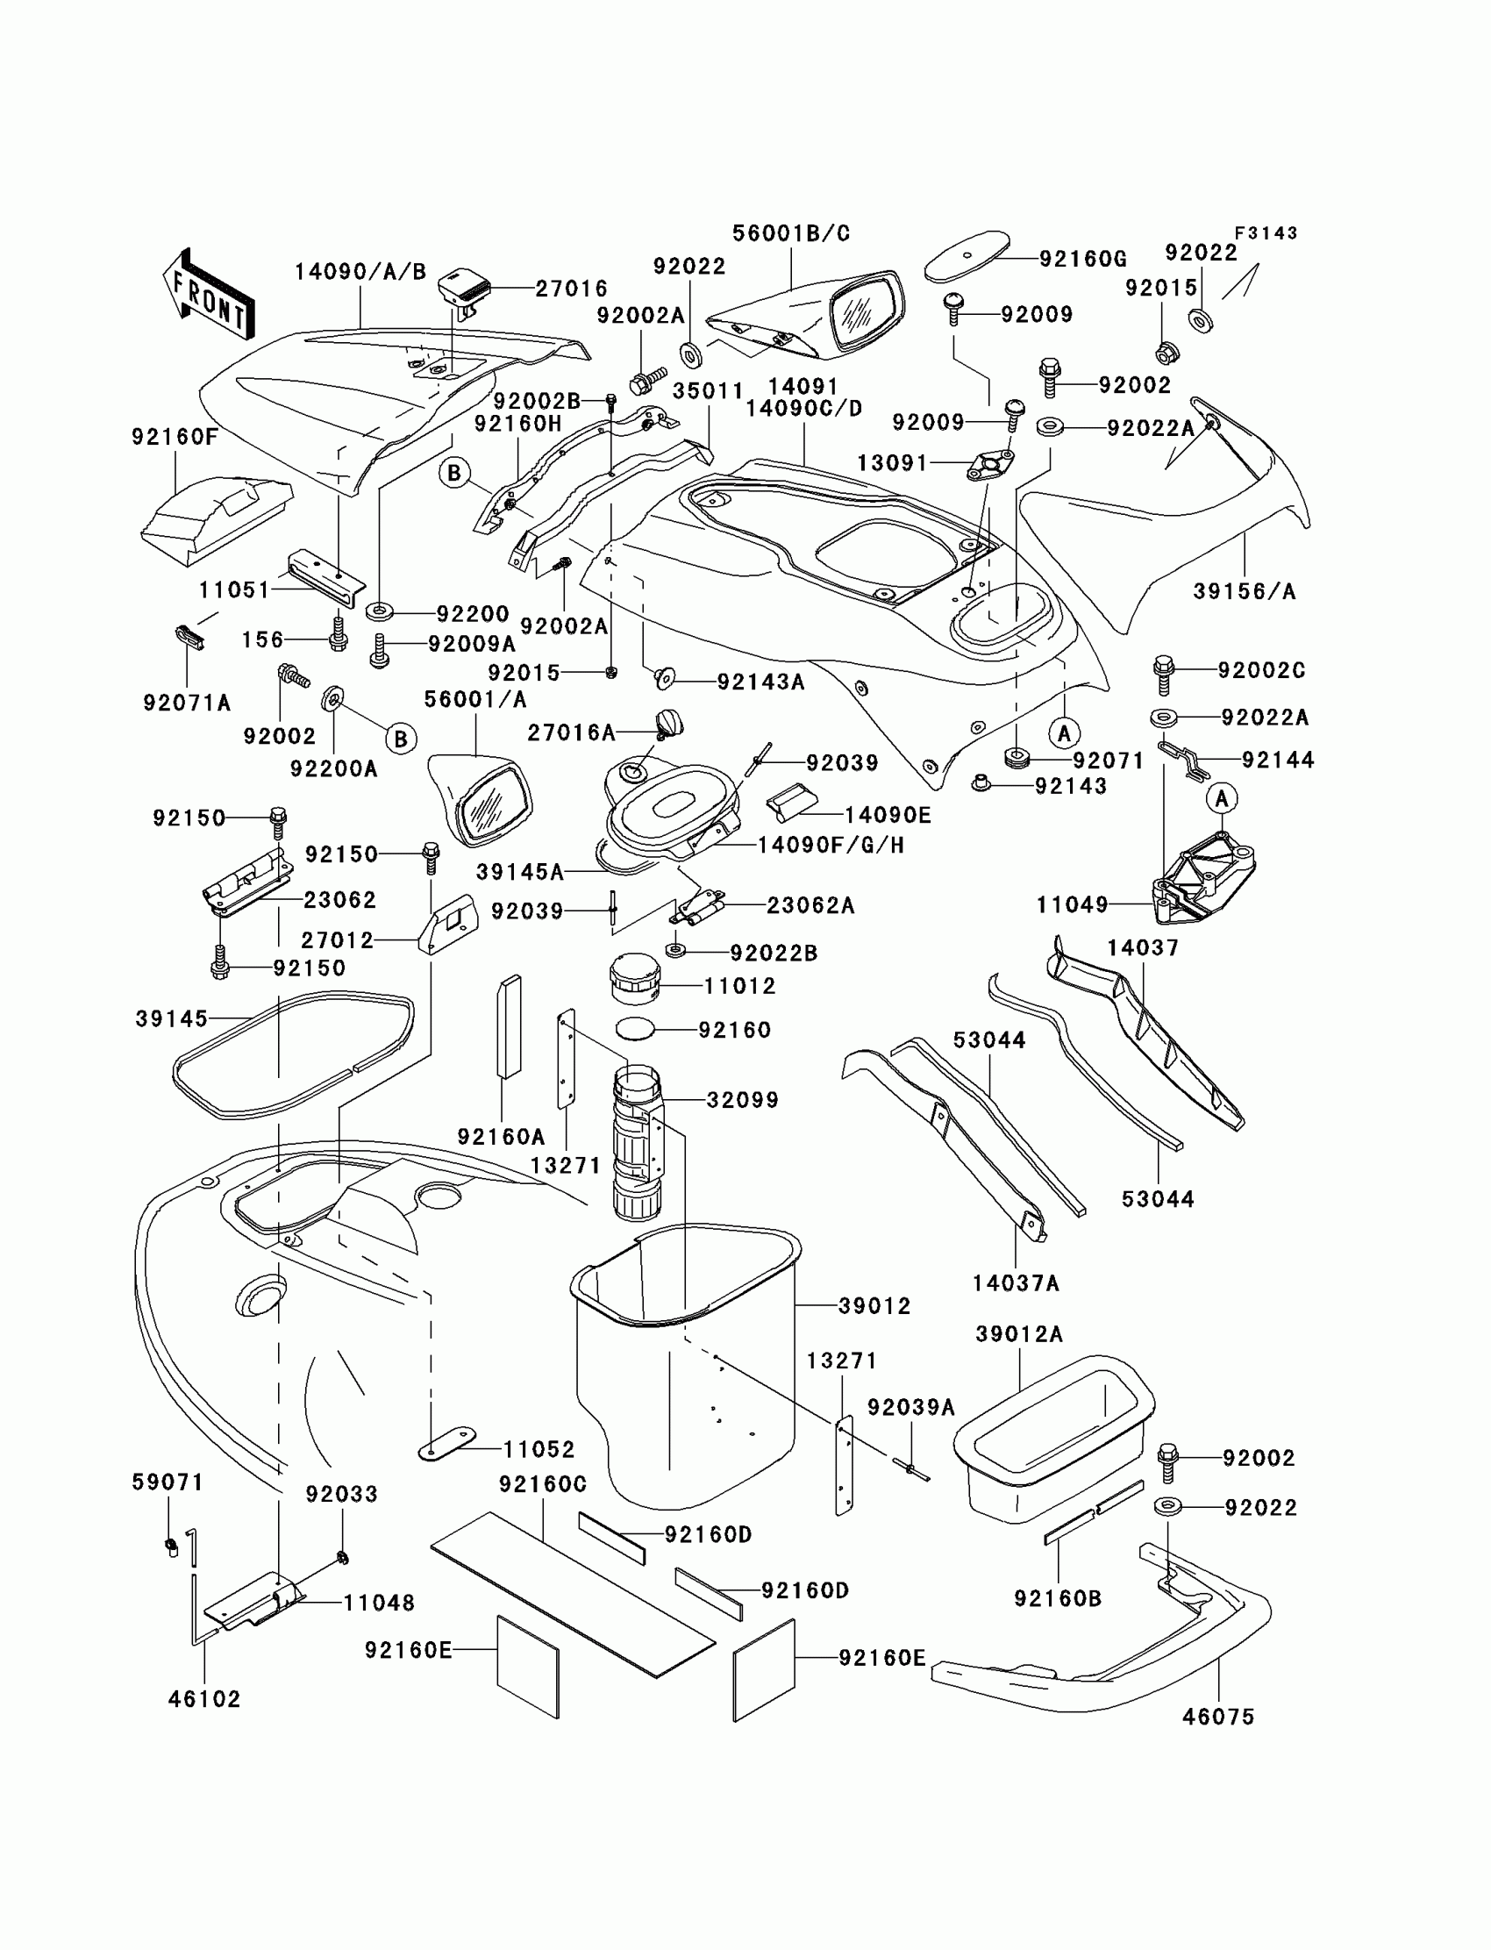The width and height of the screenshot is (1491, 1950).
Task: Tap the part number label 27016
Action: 571,289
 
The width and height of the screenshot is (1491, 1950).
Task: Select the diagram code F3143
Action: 1266,233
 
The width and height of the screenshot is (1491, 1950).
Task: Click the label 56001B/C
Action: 791,233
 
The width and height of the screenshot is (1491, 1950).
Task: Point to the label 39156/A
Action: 1245,591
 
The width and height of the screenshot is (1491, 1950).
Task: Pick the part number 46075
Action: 1218,1717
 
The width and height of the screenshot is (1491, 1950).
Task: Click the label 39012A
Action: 1019,1334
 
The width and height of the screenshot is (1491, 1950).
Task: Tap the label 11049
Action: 1072,905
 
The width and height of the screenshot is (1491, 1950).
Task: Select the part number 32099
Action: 742,1100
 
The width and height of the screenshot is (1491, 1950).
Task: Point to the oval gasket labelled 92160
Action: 636,1029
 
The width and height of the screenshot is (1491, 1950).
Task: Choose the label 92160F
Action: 174,437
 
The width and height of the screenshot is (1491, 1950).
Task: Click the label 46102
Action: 204,1699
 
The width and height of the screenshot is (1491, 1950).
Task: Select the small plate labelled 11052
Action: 446,1444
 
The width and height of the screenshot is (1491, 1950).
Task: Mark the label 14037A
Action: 1016,1282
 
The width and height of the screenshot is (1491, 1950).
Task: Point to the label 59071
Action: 167,1482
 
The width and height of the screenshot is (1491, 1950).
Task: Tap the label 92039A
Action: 910,1407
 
